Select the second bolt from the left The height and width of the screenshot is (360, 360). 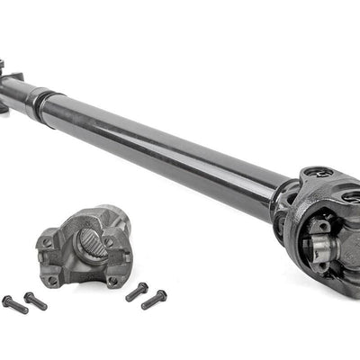pyautogui.click(x=35, y=301)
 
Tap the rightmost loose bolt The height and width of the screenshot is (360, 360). pyautogui.click(x=154, y=297)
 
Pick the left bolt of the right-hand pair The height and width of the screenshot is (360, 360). pyautogui.click(x=137, y=292)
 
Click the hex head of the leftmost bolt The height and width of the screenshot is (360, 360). pyautogui.click(x=8, y=300)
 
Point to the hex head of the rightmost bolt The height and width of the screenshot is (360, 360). pyautogui.click(x=162, y=293)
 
